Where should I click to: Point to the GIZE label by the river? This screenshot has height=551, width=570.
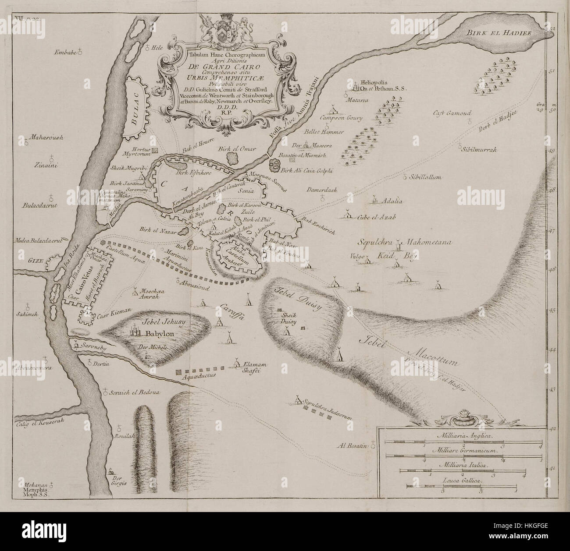[x=37, y=259]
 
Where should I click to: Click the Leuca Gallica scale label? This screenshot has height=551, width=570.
[x=461, y=480]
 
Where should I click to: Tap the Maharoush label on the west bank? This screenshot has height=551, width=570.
[x=45, y=138]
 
